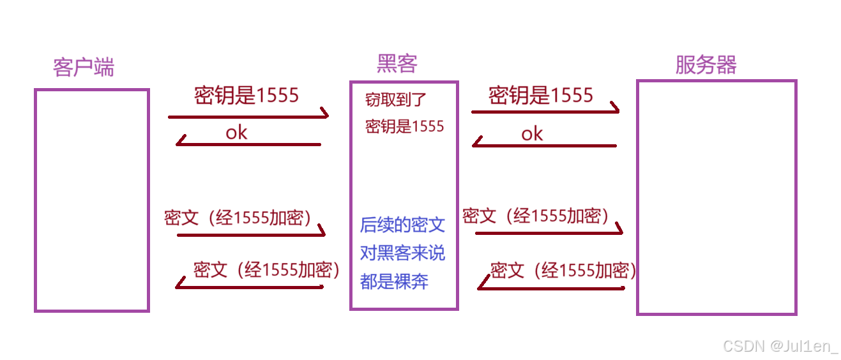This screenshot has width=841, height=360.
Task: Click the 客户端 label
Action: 84,66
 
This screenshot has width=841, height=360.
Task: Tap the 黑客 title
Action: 397,63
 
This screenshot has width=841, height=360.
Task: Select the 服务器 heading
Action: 706,64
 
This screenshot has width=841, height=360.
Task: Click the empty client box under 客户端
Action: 91,200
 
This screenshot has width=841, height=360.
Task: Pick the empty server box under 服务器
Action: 716,197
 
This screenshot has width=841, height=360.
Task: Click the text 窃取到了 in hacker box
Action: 395,100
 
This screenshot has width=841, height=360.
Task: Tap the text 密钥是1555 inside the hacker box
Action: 404,126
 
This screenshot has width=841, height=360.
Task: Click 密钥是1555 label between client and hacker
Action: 246,96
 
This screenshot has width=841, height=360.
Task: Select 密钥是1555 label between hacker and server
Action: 541,96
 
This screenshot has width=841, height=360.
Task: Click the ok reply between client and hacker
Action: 236,132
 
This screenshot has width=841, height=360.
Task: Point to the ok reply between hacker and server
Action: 532,133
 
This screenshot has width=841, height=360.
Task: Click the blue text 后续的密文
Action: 402,225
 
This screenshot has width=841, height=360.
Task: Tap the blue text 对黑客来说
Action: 402,253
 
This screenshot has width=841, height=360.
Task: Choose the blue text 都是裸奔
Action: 394,281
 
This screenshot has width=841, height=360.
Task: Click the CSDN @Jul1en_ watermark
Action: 780,346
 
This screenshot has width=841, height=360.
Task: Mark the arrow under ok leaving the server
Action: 544,146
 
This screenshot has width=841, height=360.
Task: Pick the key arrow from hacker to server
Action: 545,112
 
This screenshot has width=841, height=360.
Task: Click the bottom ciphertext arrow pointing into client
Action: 249,287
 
